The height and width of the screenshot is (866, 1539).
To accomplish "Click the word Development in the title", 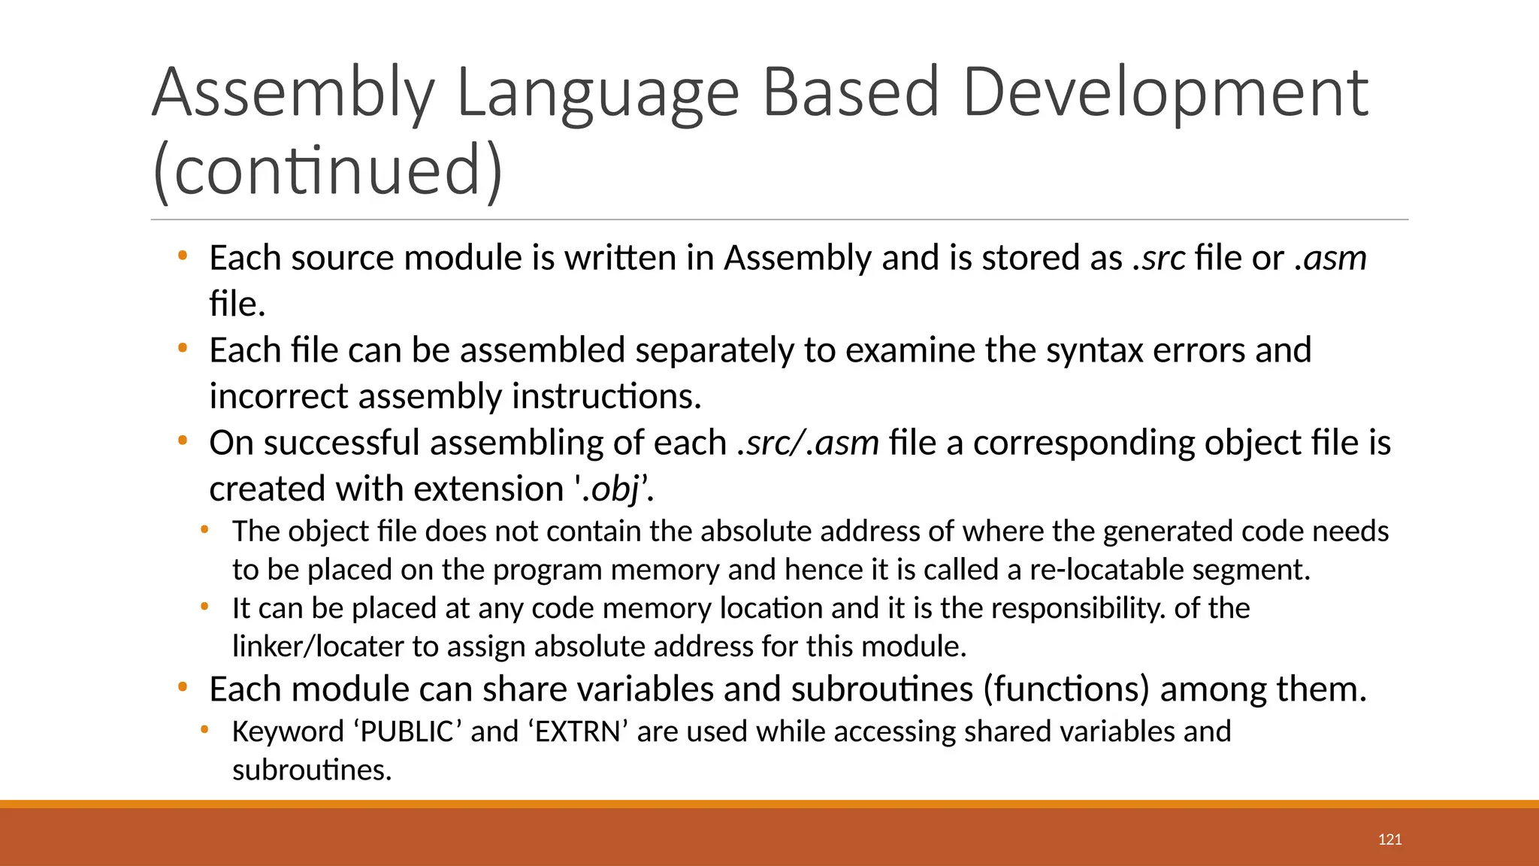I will (x=1165, y=94).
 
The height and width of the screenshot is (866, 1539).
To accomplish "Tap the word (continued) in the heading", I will (x=328, y=171).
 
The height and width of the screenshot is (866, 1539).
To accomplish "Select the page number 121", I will (x=1389, y=840).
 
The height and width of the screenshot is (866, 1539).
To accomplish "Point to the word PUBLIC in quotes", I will (x=407, y=732).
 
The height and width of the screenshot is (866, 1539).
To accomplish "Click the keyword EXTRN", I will (x=579, y=732).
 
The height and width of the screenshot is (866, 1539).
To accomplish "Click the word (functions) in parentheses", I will (x=1066, y=689).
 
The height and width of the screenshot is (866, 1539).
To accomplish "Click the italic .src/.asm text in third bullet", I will (x=808, y=444).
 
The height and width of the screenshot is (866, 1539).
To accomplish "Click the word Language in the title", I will (x=598, y=94).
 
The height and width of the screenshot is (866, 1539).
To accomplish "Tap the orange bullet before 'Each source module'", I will (x=182, y=256).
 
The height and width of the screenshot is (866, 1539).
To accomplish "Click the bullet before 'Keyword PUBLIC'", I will (x=204, y=729).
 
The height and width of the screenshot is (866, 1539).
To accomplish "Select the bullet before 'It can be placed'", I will (x=204, y=606).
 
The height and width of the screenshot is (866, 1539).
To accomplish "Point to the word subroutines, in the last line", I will (x=312, y=771).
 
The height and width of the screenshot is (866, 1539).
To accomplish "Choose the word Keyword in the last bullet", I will (x=288, y=732).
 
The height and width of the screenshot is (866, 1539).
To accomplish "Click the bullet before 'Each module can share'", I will (x=182, y=687).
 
